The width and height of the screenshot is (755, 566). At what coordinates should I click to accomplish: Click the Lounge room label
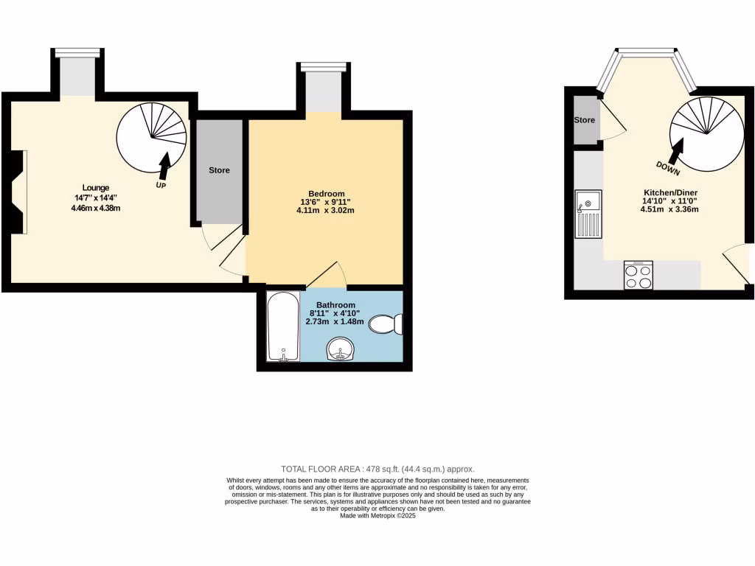coord(96,188)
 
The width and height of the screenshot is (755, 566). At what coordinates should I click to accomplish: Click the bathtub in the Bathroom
coord(283,327)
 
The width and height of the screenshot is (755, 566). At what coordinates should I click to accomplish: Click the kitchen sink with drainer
coord(588,214)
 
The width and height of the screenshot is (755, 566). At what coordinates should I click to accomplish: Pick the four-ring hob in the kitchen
coord(639,276)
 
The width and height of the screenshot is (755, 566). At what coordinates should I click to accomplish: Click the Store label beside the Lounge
coord(219,170)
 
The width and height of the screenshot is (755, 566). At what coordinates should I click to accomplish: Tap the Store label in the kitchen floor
coord(584,120)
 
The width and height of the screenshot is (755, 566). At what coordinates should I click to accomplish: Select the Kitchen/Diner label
coord(670,192)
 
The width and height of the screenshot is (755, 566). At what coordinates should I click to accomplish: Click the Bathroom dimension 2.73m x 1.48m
coord(336,322)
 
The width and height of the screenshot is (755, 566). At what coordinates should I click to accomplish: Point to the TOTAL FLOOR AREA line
coord(377,469)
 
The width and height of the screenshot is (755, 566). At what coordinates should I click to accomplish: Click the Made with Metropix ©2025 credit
coord(377,517)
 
